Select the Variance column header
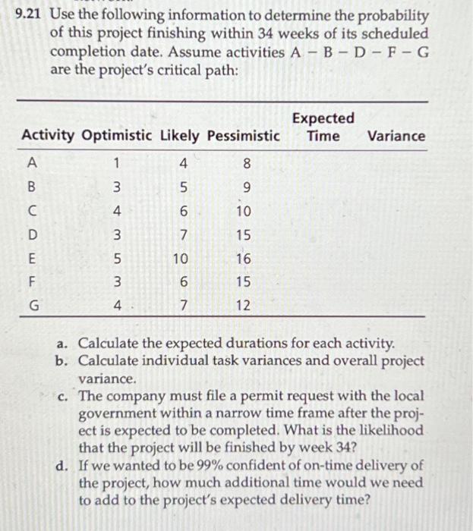click(x=396, y=136)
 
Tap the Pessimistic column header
click(x=241, y=136)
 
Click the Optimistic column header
click(x=118, y=136)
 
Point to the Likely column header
click(x=179, y=136)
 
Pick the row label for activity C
click(x=32, y=210)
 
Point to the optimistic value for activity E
click(x=116, y=259)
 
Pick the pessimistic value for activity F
click(x=243, y=283)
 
